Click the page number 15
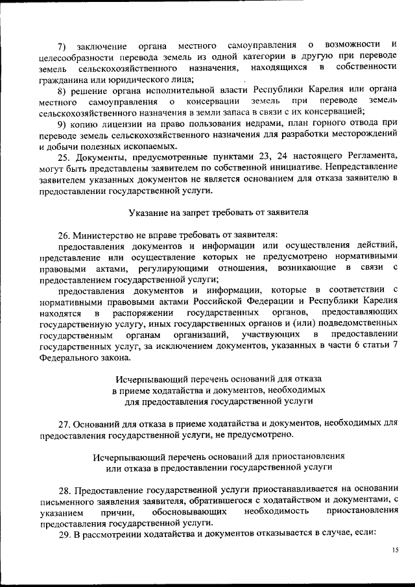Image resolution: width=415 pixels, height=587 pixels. tap(395, 550)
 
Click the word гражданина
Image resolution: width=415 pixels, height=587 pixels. tap(62, 78)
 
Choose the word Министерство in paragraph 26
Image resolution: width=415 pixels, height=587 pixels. tap(104, 235)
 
